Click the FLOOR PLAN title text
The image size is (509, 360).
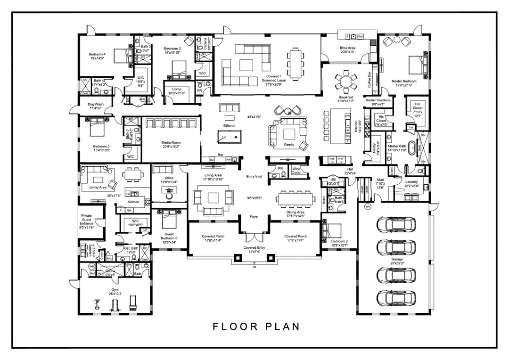pyautogui.click(x=256, y=326)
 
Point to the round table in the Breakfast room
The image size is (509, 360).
pyautogui.click(x=346, y=83)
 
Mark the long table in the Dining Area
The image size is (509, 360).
pyautogui.click(x=295, y=198)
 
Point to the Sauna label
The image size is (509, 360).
pyautogui.click(x=110, y=272)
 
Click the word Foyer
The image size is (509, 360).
pyautogui.click(x=254, y=216)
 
